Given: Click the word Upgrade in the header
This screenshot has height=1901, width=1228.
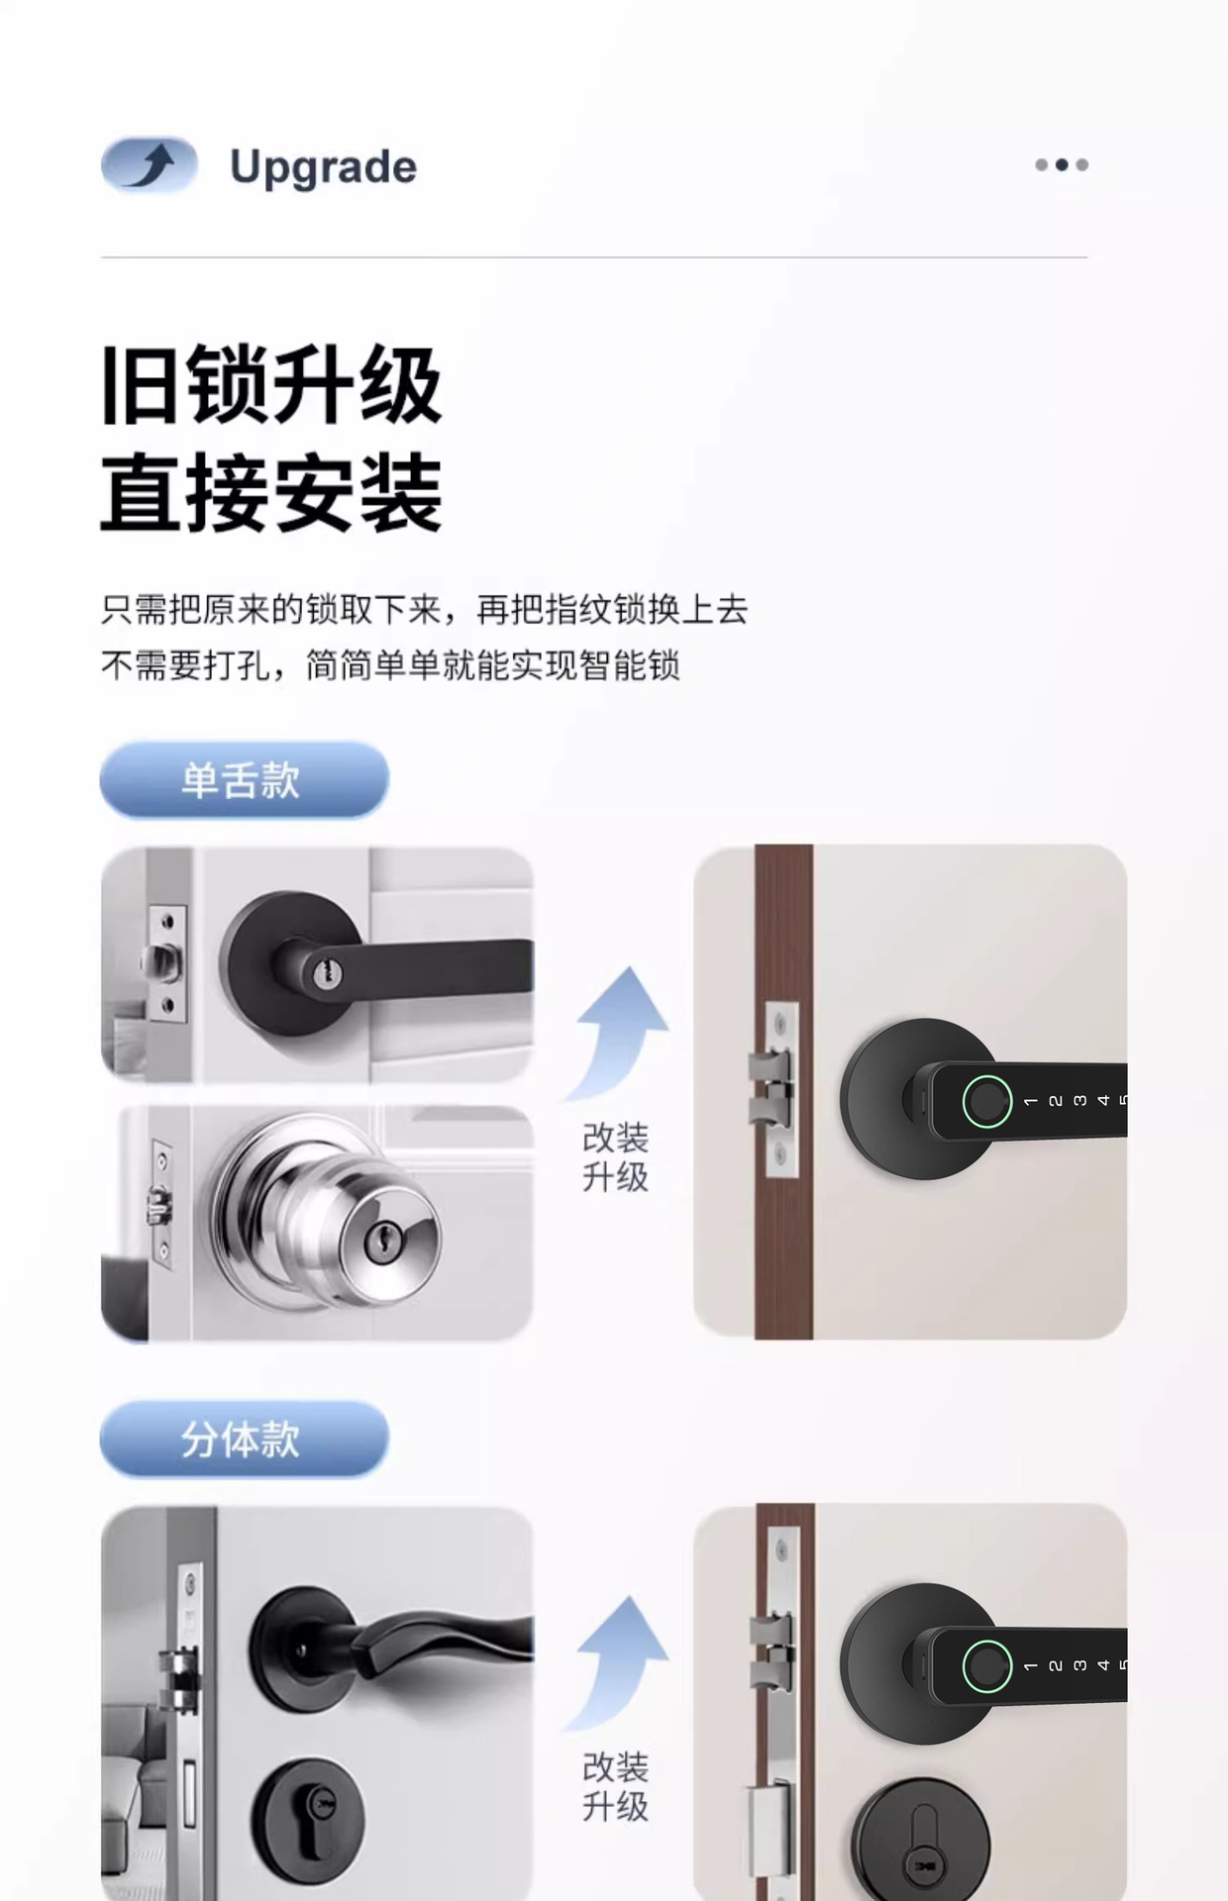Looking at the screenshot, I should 323,166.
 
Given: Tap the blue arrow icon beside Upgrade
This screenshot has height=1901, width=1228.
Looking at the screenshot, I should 150,164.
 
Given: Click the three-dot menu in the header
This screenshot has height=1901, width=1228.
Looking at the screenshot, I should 1061,164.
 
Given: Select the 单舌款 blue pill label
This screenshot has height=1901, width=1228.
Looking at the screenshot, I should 244,780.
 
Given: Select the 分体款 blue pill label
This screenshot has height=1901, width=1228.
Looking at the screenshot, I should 244,1439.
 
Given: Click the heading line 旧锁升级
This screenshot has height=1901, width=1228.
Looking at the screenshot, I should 271,385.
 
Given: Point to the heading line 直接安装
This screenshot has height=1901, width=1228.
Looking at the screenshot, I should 271,492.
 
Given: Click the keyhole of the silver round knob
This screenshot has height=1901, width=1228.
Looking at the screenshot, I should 382,1239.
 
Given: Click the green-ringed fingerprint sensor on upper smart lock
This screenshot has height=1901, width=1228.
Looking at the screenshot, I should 986,1100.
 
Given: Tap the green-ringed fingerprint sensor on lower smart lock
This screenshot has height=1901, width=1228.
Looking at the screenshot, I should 986,1666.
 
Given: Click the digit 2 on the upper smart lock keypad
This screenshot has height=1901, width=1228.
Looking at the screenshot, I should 1056,1101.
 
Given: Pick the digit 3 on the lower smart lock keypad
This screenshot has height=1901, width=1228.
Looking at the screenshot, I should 1079,1666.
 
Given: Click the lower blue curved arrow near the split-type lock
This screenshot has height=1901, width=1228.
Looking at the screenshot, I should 621,1658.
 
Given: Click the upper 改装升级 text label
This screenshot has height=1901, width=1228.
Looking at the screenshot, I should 615,1157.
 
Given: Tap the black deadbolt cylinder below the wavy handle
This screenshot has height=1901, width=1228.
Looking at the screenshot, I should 308,1818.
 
